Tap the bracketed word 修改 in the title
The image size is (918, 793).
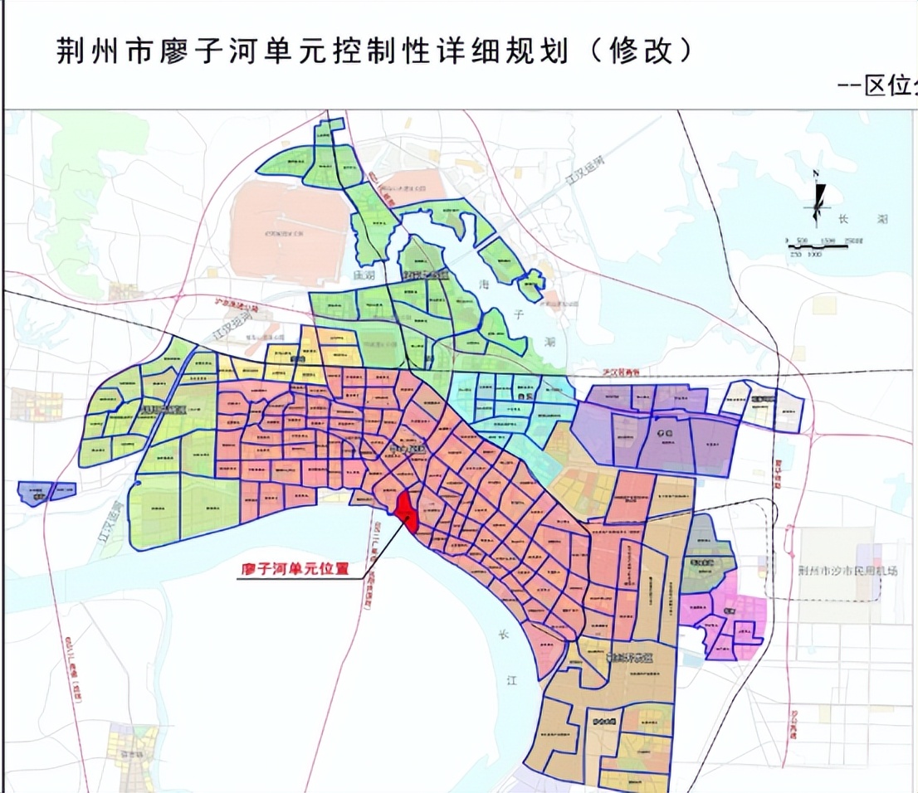pos(640,51)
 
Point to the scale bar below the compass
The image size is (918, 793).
pos(823,243)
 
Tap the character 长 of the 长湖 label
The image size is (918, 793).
pos(845,219)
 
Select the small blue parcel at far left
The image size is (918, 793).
pos(46,493)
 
